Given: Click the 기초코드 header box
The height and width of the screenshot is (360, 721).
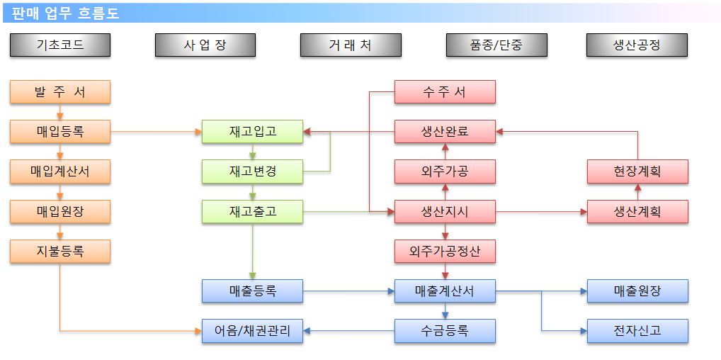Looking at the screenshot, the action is point(60,45).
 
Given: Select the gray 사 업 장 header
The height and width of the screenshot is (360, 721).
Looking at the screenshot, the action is point(205,45).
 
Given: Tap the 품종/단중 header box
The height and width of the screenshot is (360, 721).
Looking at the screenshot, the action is point(496,45).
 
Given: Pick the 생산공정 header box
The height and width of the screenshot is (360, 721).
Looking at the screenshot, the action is point(637,45).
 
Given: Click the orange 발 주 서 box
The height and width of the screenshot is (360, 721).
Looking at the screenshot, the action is point(60,92).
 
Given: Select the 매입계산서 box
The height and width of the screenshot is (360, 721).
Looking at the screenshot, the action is point(60,171).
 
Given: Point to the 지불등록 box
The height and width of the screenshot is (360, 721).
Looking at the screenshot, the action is point(60,252).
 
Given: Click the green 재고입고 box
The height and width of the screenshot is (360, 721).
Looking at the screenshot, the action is point(252,132).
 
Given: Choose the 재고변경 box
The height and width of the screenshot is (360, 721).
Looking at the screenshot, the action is point(252,171).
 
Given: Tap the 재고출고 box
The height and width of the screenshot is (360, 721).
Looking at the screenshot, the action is point(252,212).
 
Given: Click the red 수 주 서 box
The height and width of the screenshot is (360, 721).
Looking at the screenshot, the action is point(445,92).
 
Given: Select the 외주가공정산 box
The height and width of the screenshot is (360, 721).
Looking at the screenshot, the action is point(445,252).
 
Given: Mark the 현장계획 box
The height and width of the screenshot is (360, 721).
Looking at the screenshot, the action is point(637,171).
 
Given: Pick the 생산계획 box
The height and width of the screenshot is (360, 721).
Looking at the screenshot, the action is point(637,212).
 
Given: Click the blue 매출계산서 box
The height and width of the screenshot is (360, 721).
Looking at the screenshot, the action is point(445,291).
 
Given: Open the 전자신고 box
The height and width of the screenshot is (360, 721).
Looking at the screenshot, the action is point(637,331).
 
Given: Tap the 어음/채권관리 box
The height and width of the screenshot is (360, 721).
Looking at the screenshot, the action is point(252,331).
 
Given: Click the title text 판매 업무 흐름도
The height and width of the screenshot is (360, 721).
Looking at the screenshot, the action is point(65,13).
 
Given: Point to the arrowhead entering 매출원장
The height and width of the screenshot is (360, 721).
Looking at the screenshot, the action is point(584,291).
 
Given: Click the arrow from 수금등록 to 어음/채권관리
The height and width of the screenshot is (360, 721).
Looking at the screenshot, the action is point(348,331).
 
